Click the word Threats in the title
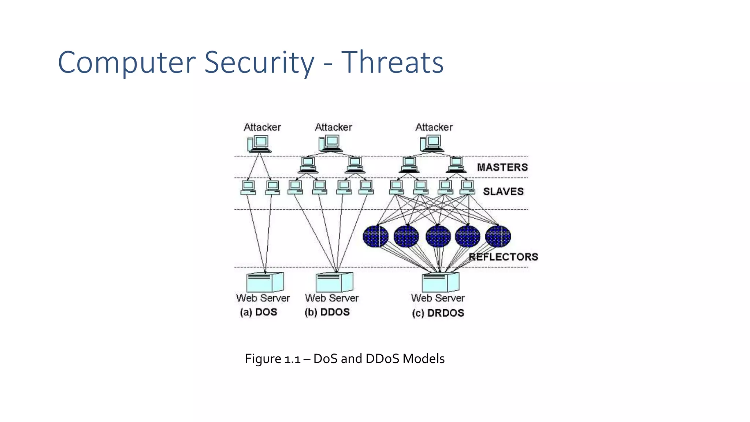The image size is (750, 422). (x=392, y=62)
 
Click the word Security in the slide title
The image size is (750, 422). (x=259, y=62)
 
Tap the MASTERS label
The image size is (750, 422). (x=502, y=167)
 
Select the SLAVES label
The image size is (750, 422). (x=503, y=192)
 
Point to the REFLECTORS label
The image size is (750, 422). (x=504, y=257)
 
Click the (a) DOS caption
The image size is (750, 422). (x=259, y=312)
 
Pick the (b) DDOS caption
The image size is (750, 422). (x=327, y=312)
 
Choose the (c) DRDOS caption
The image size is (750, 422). (x=438, y=313)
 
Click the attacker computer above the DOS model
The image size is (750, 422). (x=259, y=144)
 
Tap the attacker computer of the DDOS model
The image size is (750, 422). (x=331, y=143)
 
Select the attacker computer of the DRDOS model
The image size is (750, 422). (x=432, y=143)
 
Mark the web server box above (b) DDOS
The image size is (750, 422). (x=334, y=282)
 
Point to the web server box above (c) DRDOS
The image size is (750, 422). (x=440, y=282)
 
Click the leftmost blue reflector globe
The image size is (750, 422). (x=376, y=236)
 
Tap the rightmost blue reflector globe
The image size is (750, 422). (x=498, y=236)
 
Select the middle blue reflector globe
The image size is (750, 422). (x=438, y=236)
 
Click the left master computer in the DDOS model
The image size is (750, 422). (x=308, y=165)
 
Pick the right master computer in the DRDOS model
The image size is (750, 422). (x=456, y=165)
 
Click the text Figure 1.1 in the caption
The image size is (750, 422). (x=272, y=359)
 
